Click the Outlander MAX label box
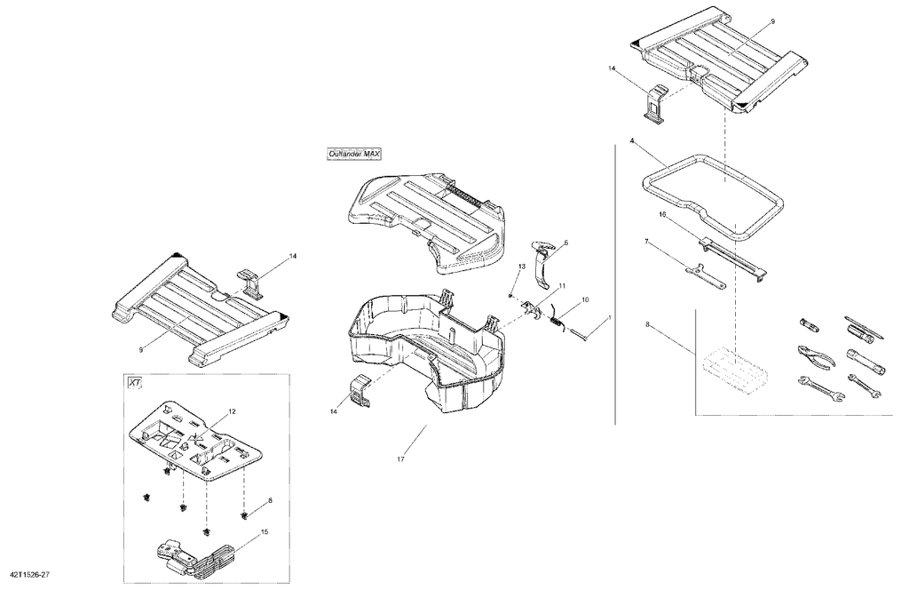[353, 154]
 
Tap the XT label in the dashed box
[135, 383]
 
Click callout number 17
[400, 459]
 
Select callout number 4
[632, 140]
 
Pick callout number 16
[662, 214]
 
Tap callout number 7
[646, 240]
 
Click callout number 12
[232, 412]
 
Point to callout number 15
[265, 531]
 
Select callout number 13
[522, 266]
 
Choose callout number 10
[585, 299]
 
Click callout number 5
[566, 243]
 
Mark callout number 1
[609, 318]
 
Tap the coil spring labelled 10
[558, 321]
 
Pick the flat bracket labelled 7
[705, 276]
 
